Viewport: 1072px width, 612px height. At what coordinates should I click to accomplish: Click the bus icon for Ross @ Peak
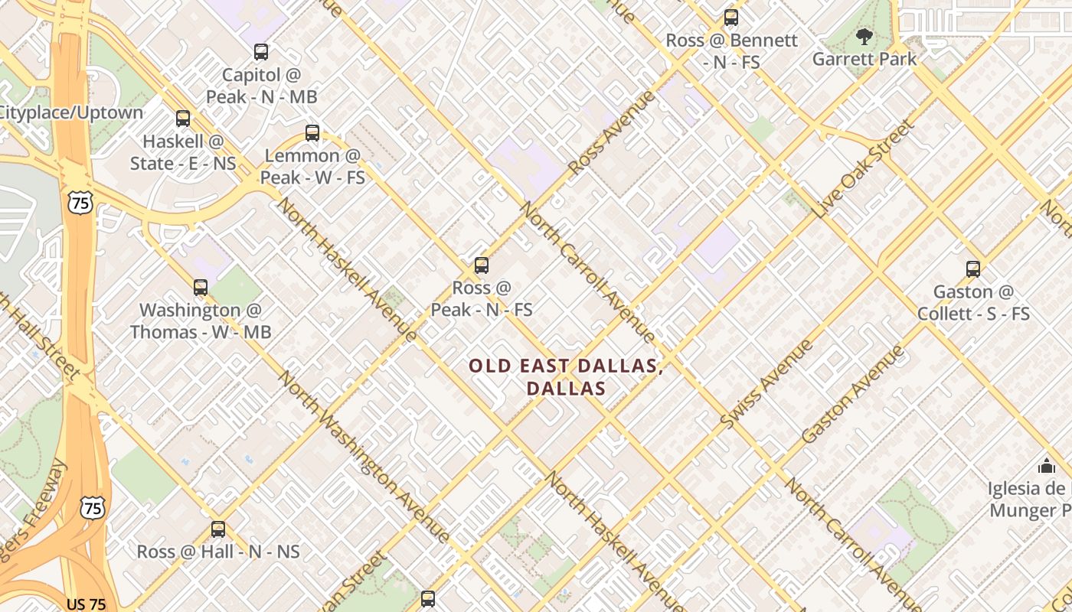[x=481, y=265]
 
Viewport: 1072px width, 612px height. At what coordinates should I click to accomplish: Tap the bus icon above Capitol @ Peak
[x=261, y=52]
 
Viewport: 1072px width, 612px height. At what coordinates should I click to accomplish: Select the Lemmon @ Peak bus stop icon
[x=312, y=132]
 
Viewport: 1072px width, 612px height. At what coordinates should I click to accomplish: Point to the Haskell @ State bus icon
[x=182, y=119]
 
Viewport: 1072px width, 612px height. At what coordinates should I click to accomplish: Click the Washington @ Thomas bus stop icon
[x=200, y=288]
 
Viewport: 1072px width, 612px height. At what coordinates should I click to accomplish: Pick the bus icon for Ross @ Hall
[x=218, y=529]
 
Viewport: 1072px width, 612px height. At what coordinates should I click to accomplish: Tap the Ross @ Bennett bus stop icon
[x=731, y=18]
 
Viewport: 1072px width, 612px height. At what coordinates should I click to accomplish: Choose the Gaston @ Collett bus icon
[x=973, y=269]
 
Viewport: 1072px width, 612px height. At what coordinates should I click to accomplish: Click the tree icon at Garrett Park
[x=864, y=36]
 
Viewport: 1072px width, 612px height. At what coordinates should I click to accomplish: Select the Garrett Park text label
[x=864, y=59]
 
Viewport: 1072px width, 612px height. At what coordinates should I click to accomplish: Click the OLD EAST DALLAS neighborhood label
[x=566, y=377]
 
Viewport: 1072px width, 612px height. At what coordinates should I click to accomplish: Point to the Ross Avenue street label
[x=613, y=134]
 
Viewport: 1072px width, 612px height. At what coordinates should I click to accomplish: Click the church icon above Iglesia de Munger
[x=1046, y=466]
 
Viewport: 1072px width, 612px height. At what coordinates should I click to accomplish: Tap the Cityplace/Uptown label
[x=71, y=112]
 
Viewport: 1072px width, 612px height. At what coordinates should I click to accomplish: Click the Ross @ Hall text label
[x=218, y=552]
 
